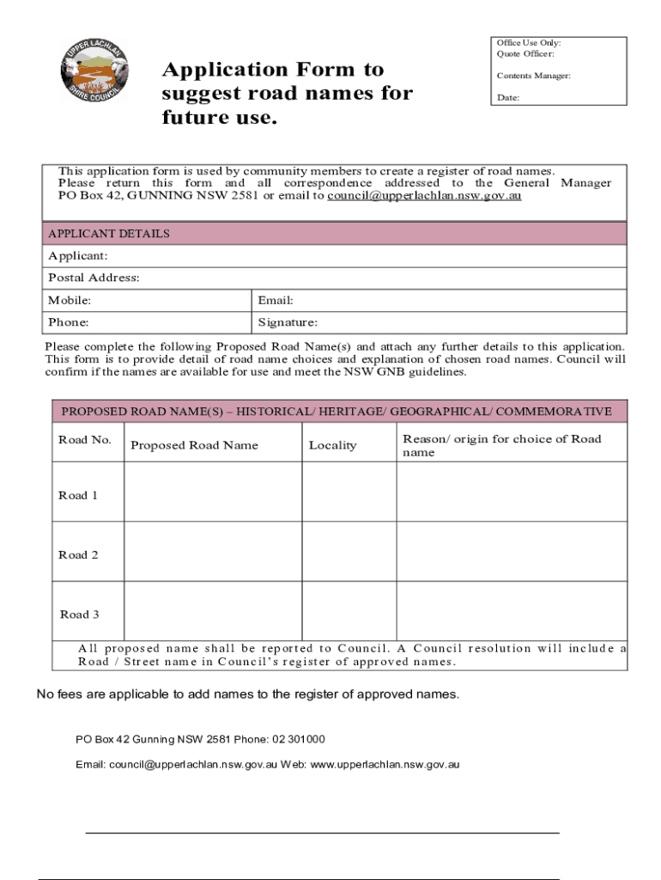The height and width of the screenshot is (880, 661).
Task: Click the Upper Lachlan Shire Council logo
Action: (94, 70)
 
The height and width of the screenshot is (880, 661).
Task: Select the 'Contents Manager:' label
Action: (533, 76)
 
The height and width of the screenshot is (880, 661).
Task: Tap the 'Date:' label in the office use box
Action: (507, 98)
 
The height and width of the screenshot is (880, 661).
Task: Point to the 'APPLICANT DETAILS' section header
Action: (109, 234)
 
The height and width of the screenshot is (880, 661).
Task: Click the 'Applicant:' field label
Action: (78, 256)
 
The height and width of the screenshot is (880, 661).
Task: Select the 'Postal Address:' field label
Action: (94, 278)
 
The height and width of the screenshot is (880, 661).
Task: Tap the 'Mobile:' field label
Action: (70, 300)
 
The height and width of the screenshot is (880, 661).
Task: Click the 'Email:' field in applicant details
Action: (276, 300)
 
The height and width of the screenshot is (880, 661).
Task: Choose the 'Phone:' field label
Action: (68, 322)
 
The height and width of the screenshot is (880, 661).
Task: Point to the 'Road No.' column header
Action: (85, 440)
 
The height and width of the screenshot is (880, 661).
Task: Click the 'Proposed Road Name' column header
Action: (194, 445)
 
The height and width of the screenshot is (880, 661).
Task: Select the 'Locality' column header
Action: (332, 445)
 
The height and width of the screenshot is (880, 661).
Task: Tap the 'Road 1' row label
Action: (78, 495)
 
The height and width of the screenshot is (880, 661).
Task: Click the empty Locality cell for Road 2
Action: (349, 552)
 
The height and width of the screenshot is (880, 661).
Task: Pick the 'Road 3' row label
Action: (79, 614)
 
